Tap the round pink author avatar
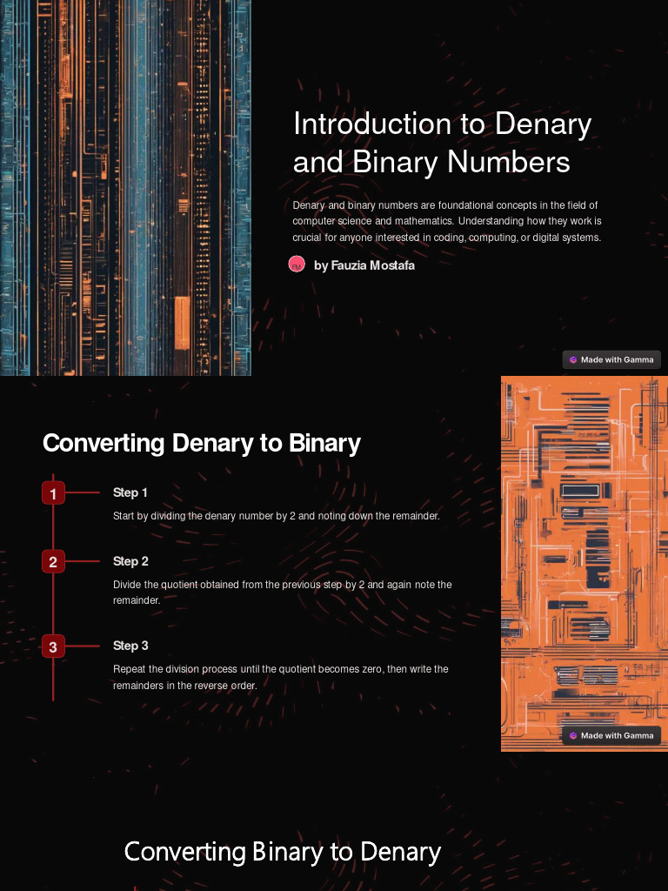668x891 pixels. pos(297,265)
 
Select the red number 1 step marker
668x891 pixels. pos(53,493)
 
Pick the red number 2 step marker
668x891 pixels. pos(53,562)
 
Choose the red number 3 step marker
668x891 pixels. pos(53,646)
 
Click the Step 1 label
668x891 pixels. pos(130,492)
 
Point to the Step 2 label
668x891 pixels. pos(130,561)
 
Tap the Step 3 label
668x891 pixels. pos(130,646)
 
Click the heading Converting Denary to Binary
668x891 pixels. pos(201,443)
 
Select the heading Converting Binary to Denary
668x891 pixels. pos(282,851)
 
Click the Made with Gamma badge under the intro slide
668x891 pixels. pos(611,359)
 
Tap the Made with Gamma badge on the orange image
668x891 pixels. pos(611,735)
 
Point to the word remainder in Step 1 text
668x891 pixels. pos(416,516)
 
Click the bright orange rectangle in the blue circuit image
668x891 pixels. pos(182,321)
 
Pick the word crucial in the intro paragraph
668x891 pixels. pos(308,238)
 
